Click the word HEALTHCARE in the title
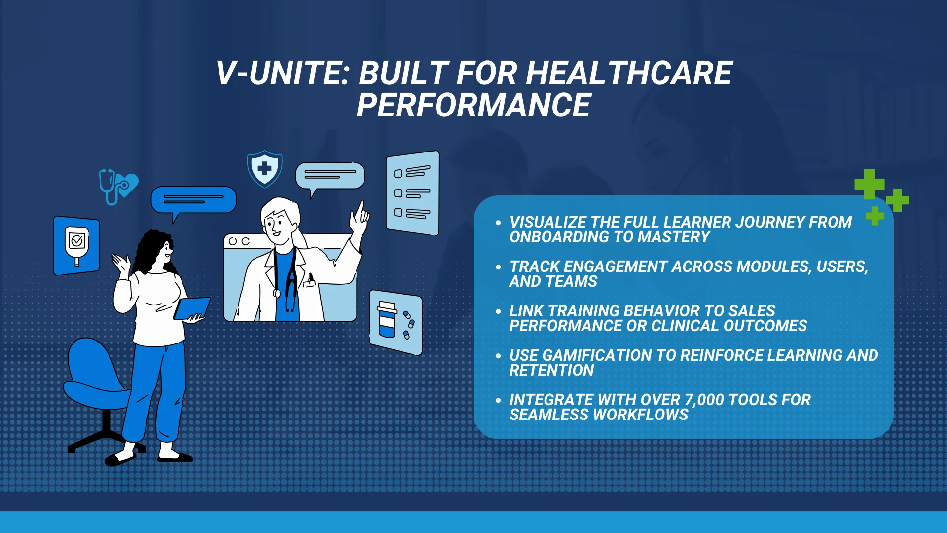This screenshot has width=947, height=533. click(629, 74)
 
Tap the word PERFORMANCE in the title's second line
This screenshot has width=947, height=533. click(473, 105)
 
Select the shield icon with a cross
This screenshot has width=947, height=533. click(265, 169)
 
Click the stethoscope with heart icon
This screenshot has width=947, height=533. click(118, 187)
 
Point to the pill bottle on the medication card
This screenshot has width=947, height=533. click(387, 319)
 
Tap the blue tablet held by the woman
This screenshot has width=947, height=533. click(192, 308)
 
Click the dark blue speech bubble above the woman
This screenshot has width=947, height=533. click(193, 201)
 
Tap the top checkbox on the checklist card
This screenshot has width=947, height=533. click(398, 174)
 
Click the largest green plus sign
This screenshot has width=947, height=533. click(869, 185)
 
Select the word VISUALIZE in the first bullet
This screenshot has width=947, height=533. click(548, 222)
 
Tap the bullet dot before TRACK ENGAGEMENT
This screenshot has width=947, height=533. click(498, 267)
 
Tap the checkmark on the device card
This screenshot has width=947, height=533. click(77, 241)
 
